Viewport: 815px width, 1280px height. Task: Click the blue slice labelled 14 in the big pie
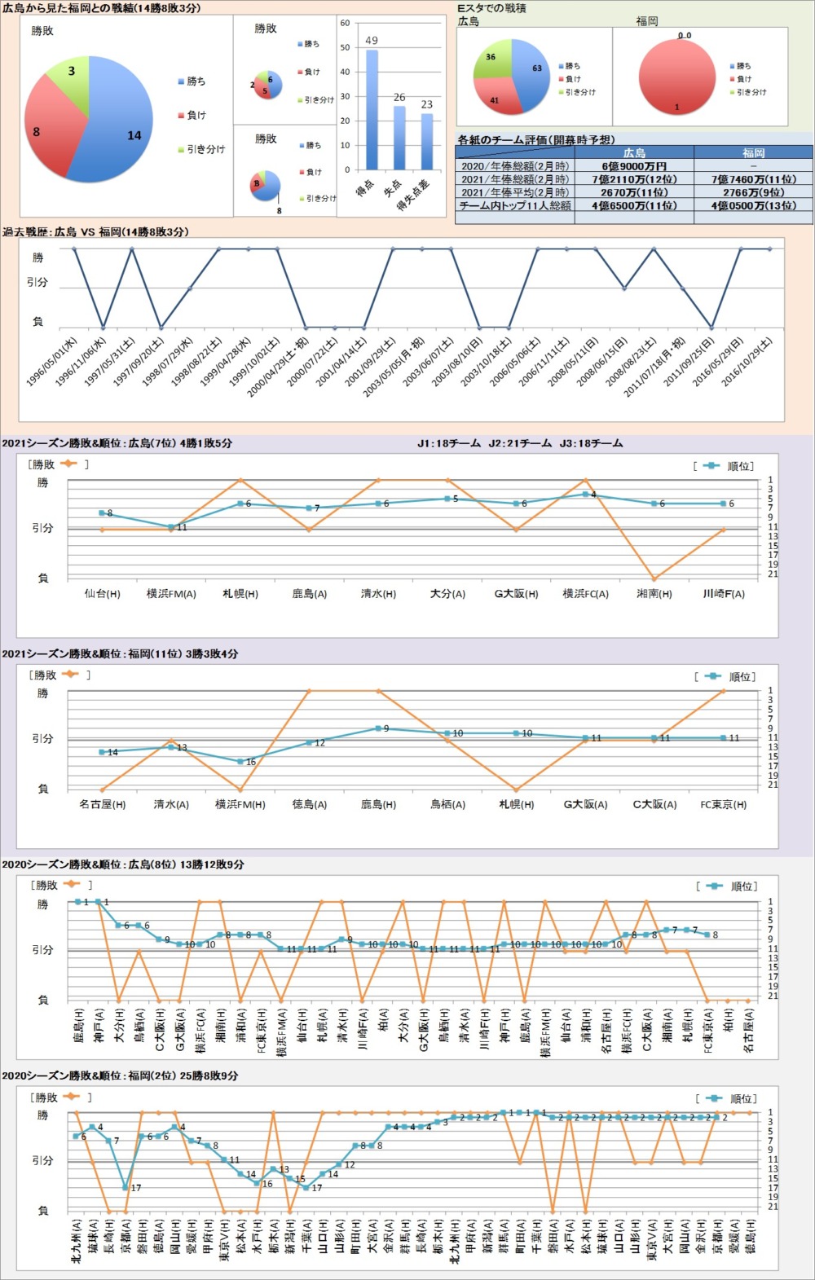pyautogui.click(x=122, y=130)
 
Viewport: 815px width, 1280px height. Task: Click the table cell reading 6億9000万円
pyautogui.click(x=634, y=166)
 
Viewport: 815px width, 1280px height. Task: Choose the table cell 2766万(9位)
pyautogui.click(x=753, y=192)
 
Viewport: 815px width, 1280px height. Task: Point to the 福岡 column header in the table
pyautogui.click(x=753, y=152)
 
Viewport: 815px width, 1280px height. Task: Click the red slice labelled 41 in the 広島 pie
pyautogui.click(x=496, y=98)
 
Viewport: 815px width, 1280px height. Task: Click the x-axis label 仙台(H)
pyautogui.click(x=102, y=594)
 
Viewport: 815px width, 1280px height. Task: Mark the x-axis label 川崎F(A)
pyautogui.click(x=724, y=594)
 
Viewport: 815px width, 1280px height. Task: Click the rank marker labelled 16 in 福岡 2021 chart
pyautogui.click(x=240, y=762)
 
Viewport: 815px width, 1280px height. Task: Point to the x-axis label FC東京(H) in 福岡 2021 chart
pyautogui.click(x=723, y=804)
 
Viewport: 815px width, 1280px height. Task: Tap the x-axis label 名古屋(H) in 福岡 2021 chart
pyautogui.click(x=102, y=804)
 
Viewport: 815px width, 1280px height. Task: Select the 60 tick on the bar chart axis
pyautogui.click(x=345, y=23)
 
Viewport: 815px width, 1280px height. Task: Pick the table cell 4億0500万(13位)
pyautogui.click(x=753, y=206)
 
